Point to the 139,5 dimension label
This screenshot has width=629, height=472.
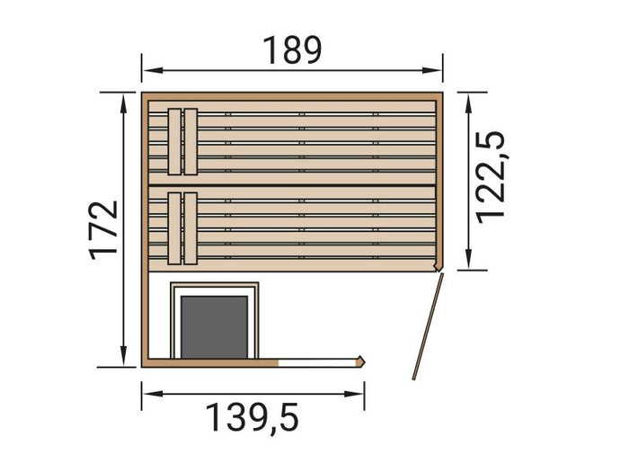point(252,417)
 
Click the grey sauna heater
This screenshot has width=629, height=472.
point(215,325)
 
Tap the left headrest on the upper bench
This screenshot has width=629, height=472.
point(174,141)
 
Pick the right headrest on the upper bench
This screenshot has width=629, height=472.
point(190,141)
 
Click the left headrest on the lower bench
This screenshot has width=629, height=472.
point(174,228)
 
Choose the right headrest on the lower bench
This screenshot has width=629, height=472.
point(190,228)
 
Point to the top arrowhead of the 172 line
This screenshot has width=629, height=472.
point(124,97)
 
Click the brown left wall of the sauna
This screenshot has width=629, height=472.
point(144,270)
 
